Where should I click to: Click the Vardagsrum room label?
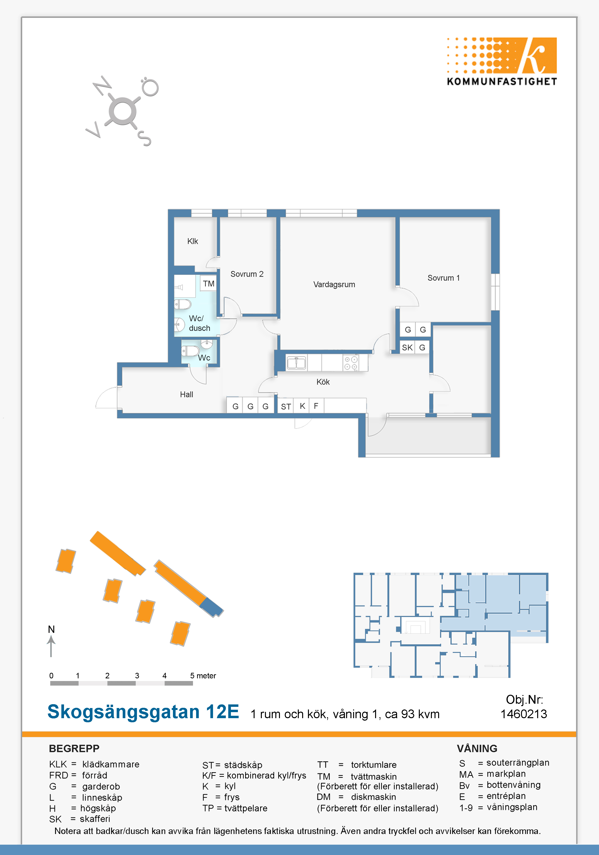334,285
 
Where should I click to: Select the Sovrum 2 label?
247,274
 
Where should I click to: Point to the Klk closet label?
193,241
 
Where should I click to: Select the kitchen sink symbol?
297,363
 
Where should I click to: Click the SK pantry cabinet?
407,348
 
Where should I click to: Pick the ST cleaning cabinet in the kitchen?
286,406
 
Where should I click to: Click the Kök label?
323,382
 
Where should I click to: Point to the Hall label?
186,394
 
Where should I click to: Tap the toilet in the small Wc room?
190,351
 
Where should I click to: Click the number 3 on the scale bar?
137,675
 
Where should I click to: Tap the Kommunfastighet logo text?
502,82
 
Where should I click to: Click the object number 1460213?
524,714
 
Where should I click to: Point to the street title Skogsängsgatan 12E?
143,712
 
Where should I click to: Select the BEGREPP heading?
74,749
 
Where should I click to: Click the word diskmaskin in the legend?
373,797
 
